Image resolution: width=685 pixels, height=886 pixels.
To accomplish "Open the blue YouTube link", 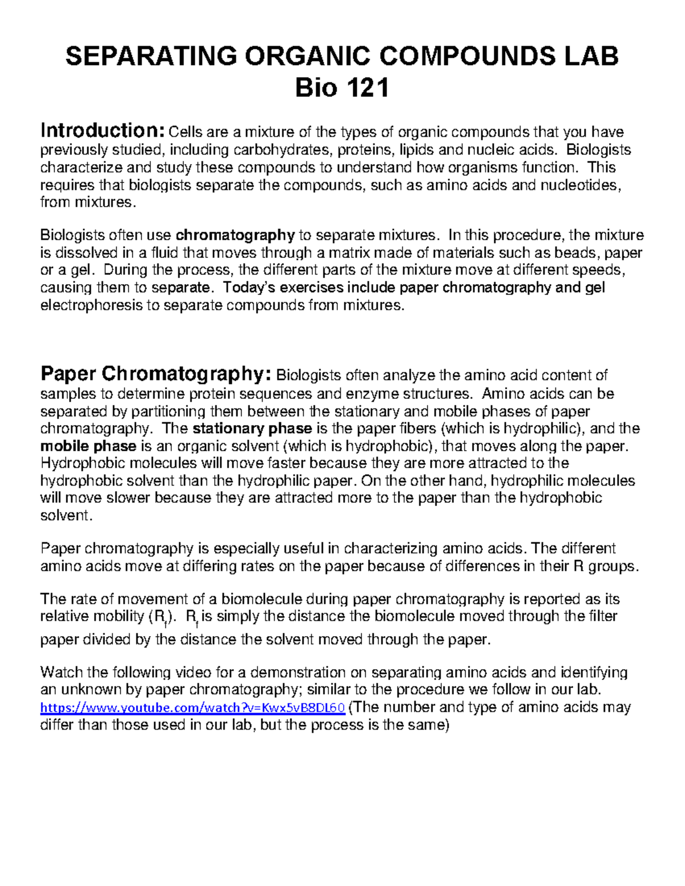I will pos(192,708).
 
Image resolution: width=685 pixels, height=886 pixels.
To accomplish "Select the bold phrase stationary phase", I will pos(252,428).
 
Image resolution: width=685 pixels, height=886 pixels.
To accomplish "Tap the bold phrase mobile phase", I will pos(88,446).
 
